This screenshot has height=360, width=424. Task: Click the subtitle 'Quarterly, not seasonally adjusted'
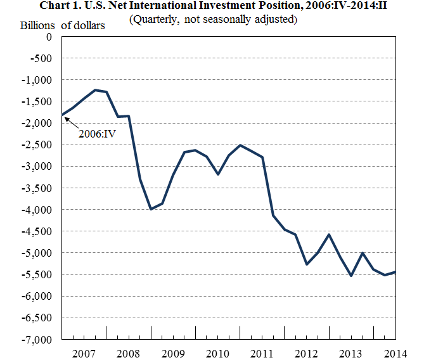(212, 19)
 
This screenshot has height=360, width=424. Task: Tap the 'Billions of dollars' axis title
(63, 26)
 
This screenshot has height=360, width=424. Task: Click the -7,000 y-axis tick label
(39, 340)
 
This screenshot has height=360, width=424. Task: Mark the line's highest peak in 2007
(95, 90)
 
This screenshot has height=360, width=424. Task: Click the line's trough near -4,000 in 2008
(151, 209)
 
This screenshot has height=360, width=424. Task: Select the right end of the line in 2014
(395, 272)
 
